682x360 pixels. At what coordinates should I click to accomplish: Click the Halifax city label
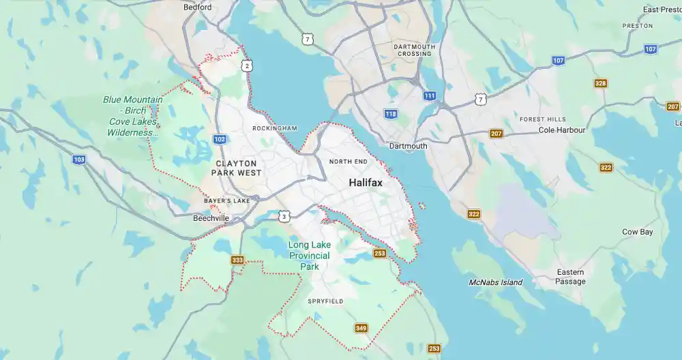366,183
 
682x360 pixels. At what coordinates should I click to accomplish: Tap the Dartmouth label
408,146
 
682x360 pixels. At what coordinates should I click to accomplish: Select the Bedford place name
198,7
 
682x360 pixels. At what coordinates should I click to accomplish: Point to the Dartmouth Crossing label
415,50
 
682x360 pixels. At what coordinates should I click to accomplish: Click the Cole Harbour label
562,130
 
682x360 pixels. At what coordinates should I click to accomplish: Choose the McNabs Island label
496,282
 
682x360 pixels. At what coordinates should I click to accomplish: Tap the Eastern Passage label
570,277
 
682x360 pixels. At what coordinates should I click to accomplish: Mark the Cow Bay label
637,232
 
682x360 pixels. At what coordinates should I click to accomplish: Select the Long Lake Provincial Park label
309,256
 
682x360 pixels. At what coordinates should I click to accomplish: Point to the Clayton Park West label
236,168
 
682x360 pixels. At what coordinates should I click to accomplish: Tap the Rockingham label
275,128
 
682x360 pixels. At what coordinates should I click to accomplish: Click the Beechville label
211,218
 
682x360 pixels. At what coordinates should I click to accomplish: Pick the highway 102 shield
220,139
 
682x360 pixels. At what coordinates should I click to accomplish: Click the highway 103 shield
80,159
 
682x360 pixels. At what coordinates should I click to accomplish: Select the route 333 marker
237,260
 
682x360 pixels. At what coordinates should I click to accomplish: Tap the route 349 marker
361,329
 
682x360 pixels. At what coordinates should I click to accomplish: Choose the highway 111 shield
429,96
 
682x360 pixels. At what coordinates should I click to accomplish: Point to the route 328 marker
600,83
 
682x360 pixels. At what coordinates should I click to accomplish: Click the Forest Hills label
542,119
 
